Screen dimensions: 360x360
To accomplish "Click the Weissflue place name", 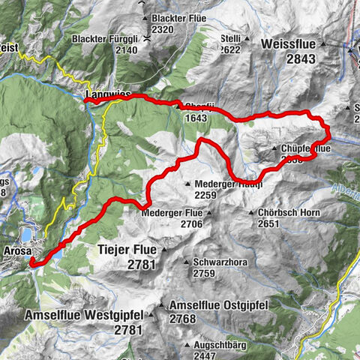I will [290, 45].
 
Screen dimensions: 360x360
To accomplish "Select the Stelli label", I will [230, 35].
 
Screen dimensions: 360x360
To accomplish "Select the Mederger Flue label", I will [172, 213].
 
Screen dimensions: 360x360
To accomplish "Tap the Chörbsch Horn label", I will [283, 212].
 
